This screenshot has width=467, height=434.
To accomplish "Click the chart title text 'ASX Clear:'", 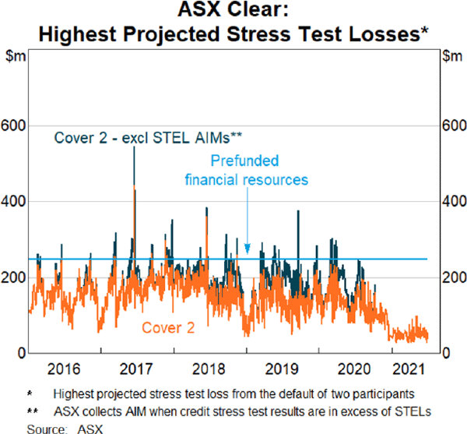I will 233,12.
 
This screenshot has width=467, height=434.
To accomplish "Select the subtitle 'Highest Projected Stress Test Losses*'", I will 233,34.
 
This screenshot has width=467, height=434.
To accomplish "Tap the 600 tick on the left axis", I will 16,125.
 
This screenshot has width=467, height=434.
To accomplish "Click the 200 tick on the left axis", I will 16,277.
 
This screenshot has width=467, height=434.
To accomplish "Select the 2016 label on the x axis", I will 63,369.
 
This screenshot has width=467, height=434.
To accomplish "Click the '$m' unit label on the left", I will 15,56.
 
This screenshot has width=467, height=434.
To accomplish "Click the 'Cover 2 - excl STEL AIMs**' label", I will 148,139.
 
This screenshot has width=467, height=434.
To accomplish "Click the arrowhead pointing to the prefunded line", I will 247,250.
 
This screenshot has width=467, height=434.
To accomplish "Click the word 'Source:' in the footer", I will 44,429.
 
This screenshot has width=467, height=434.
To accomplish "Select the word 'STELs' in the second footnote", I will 413,411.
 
